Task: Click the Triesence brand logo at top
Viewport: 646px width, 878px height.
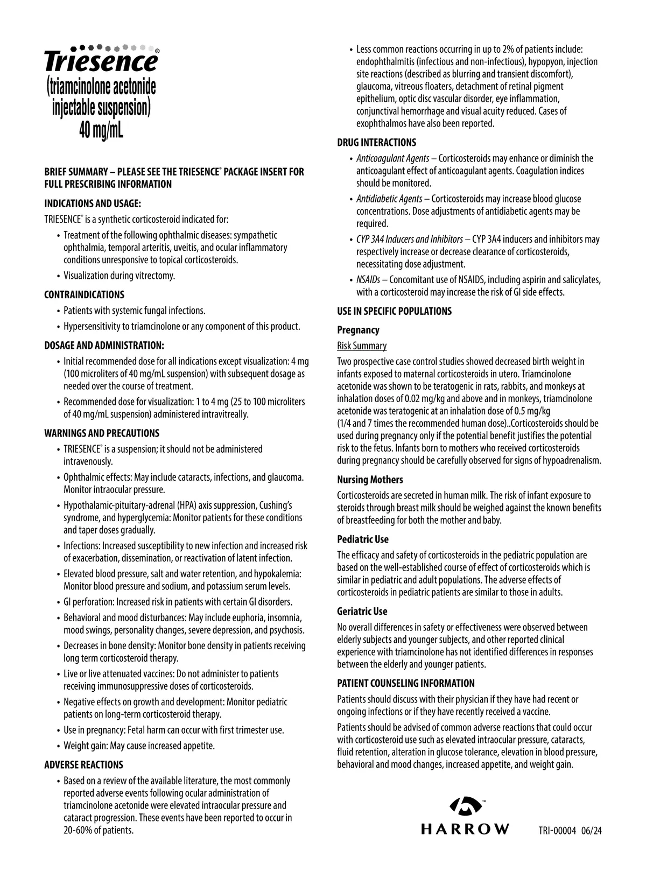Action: [x=101, y=61]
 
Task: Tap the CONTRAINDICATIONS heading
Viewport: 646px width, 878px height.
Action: [x=84, y=294]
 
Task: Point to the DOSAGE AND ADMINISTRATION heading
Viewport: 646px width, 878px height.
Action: [x=104, y=345]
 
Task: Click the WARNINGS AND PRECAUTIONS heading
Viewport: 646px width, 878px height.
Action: [x=102, y=433]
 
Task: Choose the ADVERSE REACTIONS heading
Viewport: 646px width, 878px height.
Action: [x=83, y=765]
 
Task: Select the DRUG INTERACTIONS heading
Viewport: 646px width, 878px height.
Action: [x=376, y=143]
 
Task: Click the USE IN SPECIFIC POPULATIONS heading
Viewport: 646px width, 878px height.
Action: [x=394, y=311]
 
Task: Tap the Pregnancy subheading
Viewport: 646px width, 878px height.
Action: [x=358, y=330]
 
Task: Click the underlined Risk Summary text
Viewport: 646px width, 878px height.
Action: [x=362, y=346]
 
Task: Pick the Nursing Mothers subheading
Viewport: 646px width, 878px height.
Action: [x=370, y=480]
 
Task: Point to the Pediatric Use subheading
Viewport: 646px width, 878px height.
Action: [x=363, y=539]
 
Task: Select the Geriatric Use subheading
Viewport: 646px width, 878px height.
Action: [x=362, y=612]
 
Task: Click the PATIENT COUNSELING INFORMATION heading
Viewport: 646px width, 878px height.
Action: [x=406, y=684]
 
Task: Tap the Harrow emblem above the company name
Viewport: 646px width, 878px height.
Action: [x=464, y=805]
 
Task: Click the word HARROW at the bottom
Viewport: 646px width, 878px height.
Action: [x=465, y=829]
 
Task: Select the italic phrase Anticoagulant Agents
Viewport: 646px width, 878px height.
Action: [x=392, y=158]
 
